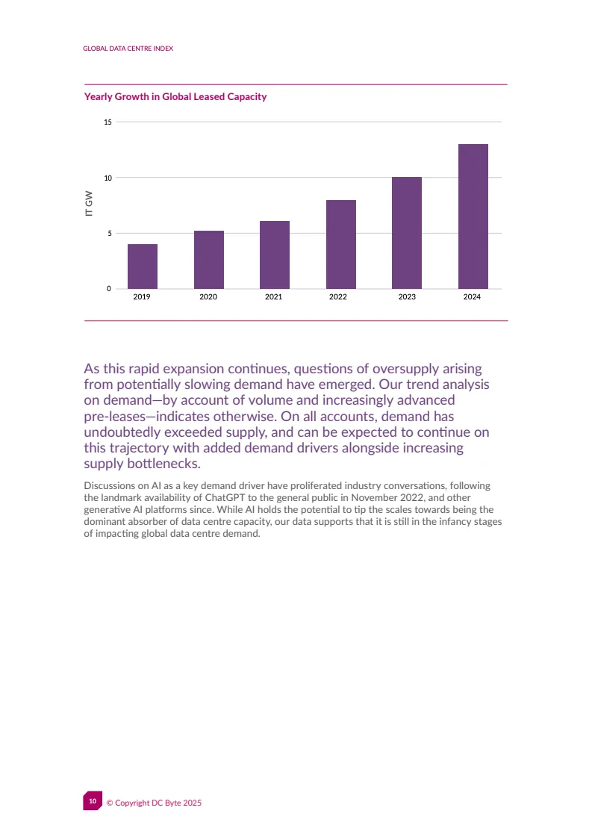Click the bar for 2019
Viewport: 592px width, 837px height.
click(x=142, y=267)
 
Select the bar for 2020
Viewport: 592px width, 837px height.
click(x=208, y=260)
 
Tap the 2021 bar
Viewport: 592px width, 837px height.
click(x=274, y=255)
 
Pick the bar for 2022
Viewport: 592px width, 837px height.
click(x=340, y=245)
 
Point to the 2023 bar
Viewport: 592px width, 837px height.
click(x=406, y=233)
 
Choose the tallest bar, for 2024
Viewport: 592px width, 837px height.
click(x=473, y=217)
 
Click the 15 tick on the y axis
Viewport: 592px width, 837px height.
click(x=108, y=122)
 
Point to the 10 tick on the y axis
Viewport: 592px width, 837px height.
click(x=108, y=178)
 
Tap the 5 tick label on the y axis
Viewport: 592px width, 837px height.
click(x=110, y=233)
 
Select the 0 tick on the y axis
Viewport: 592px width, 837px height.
click(x=110, y=289)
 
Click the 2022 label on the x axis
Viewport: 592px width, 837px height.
click(x=337, y=297)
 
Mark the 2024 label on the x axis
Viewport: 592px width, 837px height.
click(x=472, y=297)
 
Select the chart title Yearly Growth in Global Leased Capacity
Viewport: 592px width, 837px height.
click(x=175, y=97)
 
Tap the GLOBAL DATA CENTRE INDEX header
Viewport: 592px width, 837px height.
click(x=128, y=49)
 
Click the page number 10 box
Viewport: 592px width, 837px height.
click(x=92, y=800)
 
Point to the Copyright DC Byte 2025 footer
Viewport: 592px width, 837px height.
click(x=154, y=803)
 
